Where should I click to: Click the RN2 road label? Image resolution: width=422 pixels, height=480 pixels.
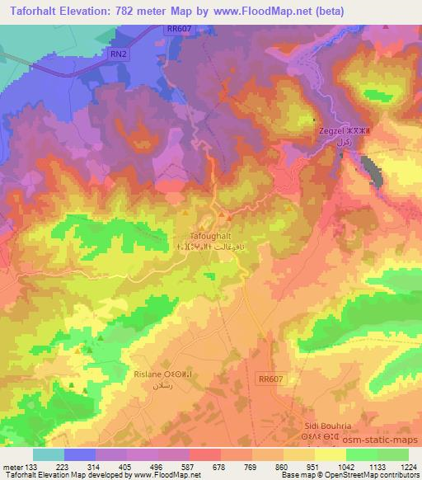pos(119,54)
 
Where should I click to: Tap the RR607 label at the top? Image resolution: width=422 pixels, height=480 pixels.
pos(178,28)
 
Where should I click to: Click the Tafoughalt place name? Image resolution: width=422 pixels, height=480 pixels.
pos(199,234)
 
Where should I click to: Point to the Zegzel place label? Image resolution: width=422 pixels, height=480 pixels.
pos(333,130)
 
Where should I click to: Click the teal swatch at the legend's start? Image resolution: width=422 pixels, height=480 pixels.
pos(48,454)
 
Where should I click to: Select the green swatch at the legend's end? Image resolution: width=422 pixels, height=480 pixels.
pos(393,454)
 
